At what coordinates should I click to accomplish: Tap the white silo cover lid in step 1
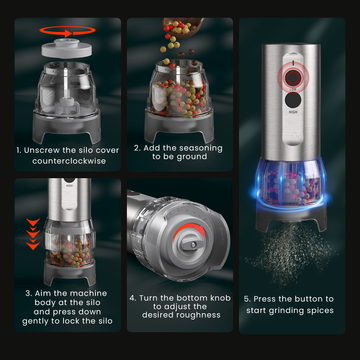67,48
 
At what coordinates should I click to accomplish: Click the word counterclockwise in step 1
69,161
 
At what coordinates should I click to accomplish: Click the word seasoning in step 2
201,148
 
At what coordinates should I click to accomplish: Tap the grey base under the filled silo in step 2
179,128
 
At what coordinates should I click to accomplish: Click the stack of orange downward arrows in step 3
33,234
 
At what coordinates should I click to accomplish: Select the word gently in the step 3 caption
35,322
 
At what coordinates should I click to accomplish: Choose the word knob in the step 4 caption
219,298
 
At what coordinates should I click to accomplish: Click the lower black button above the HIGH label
293,100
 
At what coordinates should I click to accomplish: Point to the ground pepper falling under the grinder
290,252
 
